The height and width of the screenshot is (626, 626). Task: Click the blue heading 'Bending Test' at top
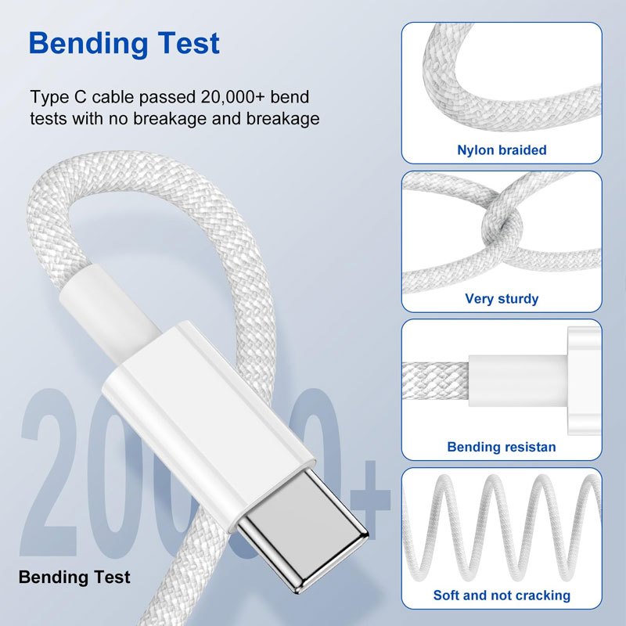coord(124,44)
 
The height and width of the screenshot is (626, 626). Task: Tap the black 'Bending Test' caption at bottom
coord(74,577)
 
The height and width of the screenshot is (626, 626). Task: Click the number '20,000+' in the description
coord(232,97)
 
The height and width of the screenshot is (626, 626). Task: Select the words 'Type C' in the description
coord(58,97)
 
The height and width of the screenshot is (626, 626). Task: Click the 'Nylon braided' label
coord(502,150)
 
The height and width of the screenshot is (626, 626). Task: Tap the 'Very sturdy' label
coord(502,299)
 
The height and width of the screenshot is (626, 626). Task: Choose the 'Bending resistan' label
coord(502,447)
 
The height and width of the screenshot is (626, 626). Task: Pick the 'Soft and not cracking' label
coord(502,595)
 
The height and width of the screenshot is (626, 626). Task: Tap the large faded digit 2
coord(49,472)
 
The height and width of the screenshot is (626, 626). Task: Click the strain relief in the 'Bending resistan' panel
coord(518,381)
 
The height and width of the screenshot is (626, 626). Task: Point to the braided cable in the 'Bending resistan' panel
coord(435,381)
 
